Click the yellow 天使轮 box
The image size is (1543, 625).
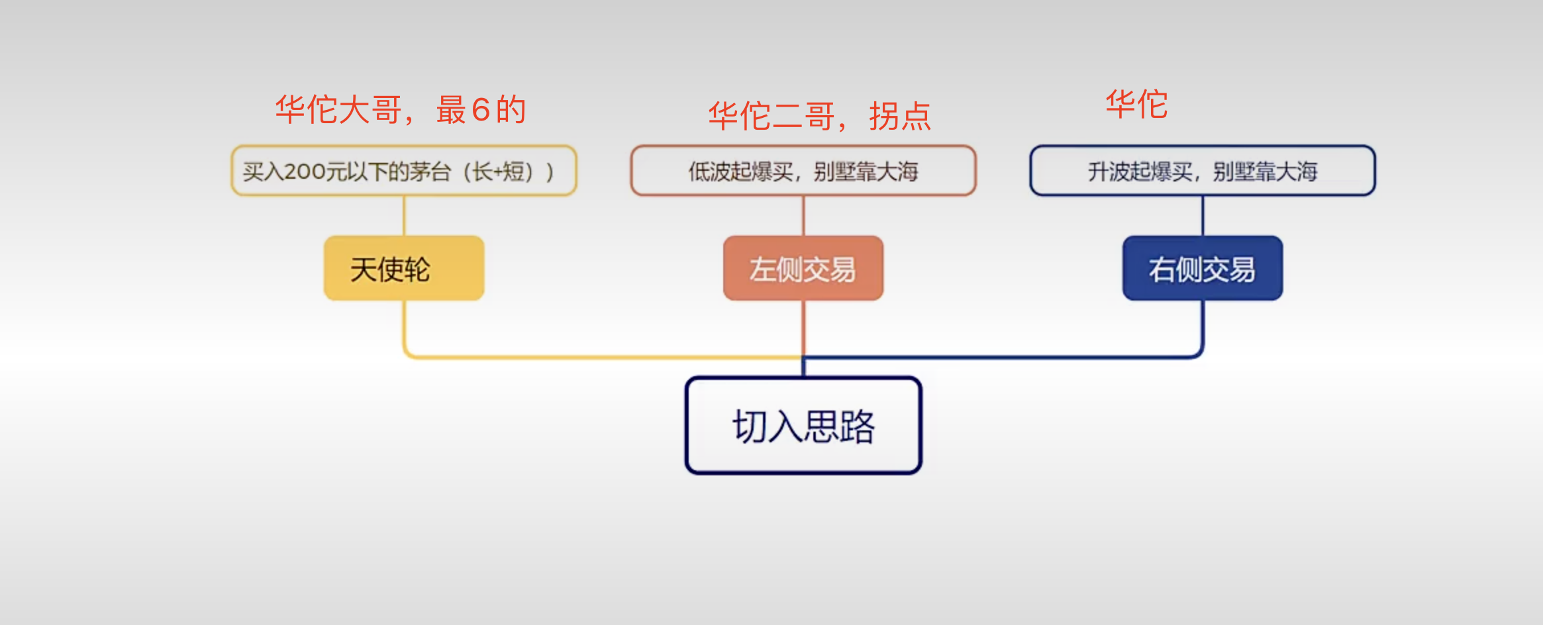[404, 268]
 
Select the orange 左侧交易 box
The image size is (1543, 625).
[803, 268]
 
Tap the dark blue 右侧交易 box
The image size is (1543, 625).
[1203, 268]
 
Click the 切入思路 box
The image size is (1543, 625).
[803, 426]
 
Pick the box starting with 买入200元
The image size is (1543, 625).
[404, 171]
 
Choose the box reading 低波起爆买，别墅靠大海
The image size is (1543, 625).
[803, 171]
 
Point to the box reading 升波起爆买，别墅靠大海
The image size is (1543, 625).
[1203, 171]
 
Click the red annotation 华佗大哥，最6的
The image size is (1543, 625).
[401, 109]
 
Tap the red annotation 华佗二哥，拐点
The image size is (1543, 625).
[820, 116]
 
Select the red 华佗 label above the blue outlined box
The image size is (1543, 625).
[1136, 105]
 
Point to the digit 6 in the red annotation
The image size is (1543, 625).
[481, 110]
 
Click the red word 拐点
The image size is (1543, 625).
[900, 117]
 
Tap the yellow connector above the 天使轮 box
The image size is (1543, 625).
[404, 215]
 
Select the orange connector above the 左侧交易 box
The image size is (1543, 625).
[803, 215]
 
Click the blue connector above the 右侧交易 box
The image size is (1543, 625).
[1203, 215]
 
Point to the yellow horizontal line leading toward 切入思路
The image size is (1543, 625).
[596, 357]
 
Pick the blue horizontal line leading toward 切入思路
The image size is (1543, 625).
[1000, 358]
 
